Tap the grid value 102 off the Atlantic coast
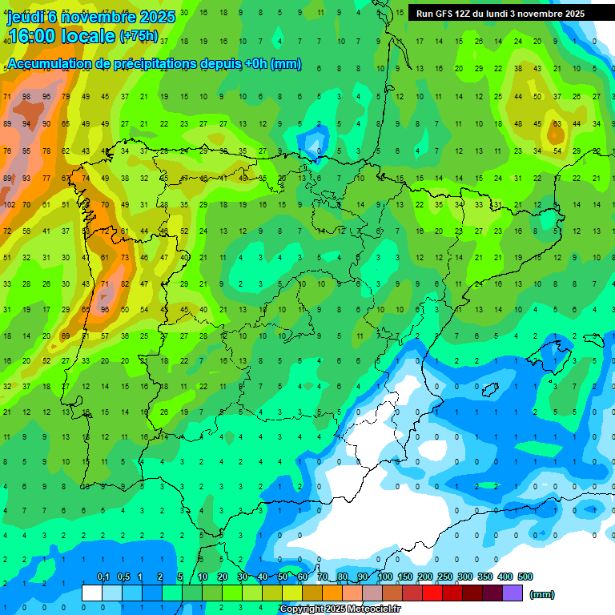[9, 204]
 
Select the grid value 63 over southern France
[557, 124]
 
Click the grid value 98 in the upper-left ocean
[27, 97]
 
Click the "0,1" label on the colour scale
[102, 577]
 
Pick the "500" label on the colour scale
[525, 577]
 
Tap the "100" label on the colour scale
[384, 577]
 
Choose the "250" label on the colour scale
[444, 577]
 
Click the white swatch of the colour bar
[92, 593]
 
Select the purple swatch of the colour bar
[512, 593]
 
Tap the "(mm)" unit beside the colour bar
[542, 594]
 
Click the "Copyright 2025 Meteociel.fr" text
[340, 609]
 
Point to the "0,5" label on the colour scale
[123, 577]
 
